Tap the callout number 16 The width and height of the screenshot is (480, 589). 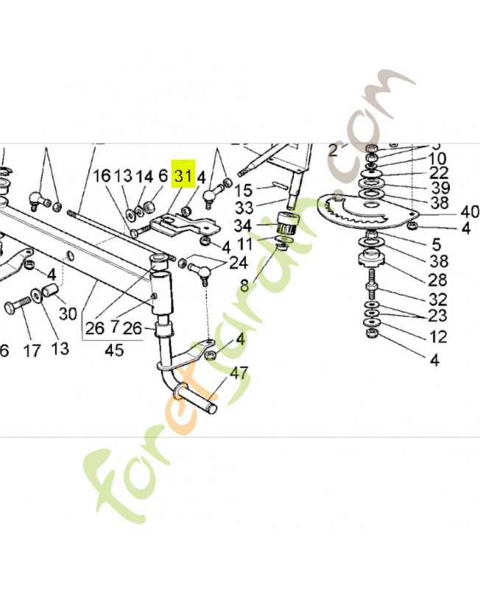click(x=102, y=177)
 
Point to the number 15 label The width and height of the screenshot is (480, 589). click(x=244, y=190)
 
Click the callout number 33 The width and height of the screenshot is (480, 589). click(x=244, y=208)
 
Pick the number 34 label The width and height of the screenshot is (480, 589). click(x=244, y=225)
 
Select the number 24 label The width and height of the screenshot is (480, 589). click(x=238, y=263)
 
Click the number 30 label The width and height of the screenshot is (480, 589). click(x=68, y=313)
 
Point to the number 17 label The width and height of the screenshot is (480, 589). click(x=32, y=351)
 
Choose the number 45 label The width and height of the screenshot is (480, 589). click(x=113, y=350)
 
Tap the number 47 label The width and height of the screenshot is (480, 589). click(x=239, y=373)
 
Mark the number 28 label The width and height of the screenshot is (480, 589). click(x=439, y=279)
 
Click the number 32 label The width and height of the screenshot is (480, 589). click(x=439, y=299)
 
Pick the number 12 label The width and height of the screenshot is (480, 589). click(x=439, y=337)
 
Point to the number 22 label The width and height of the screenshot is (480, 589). click(x=439, y=173)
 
